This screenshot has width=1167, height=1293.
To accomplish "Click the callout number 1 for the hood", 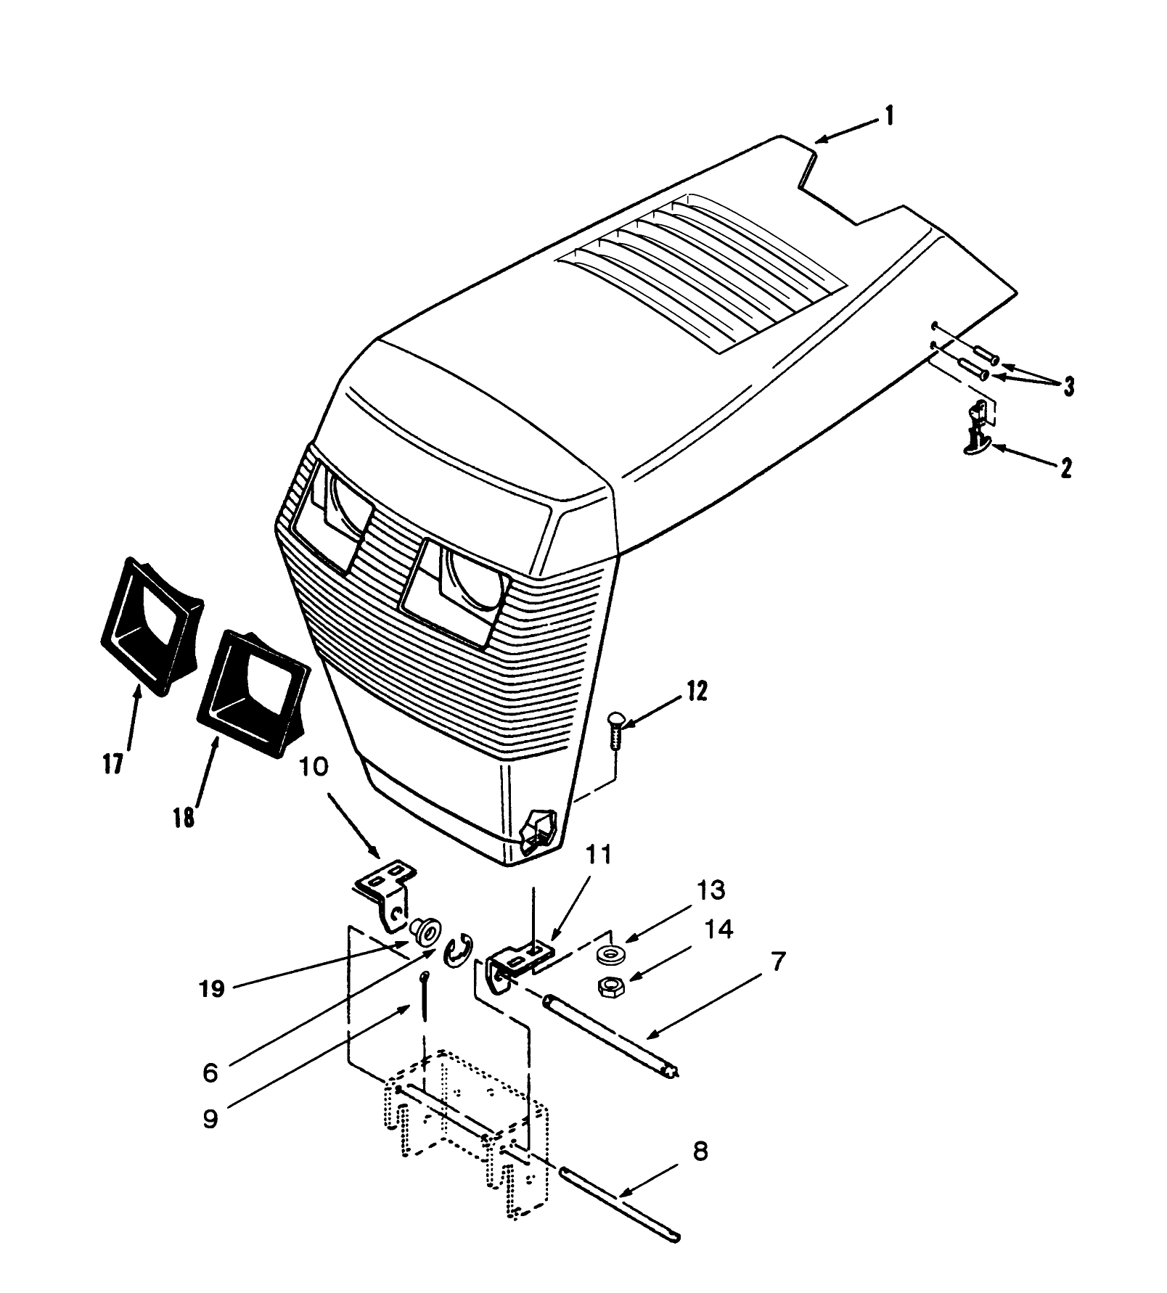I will coord(890,115).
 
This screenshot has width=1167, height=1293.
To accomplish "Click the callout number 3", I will coord(1068,386).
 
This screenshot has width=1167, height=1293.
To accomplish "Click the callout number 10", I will coord(314,767).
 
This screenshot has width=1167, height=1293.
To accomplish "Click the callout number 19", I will coord(212,988).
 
